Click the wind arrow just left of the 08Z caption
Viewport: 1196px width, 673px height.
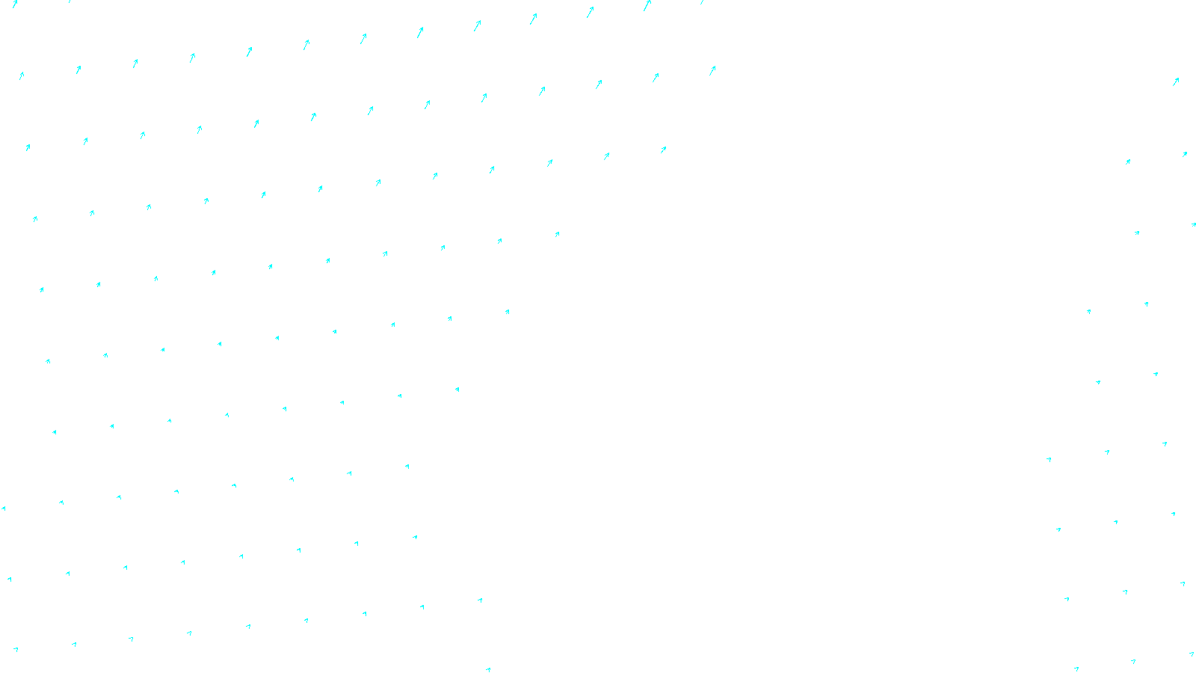click(488, 670)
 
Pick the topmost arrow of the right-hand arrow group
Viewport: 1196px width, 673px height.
click(1176, 81)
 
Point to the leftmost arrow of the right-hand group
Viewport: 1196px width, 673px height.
click(1049, 459)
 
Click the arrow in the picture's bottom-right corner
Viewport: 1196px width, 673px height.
click(1192, 654)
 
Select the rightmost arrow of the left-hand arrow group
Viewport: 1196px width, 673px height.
click(712, 70)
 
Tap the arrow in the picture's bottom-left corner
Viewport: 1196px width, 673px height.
click(16, 649)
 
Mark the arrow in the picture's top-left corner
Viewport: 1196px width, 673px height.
click(15, 4)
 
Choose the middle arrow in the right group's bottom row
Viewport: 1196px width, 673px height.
click(1133, 661)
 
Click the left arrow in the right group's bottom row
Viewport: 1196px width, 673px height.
click(1076, 669)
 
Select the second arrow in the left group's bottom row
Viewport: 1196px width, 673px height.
click(74, 644)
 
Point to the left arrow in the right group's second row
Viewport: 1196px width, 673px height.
click(1128, 161)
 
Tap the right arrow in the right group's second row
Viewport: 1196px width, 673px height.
click(1185, 154)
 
